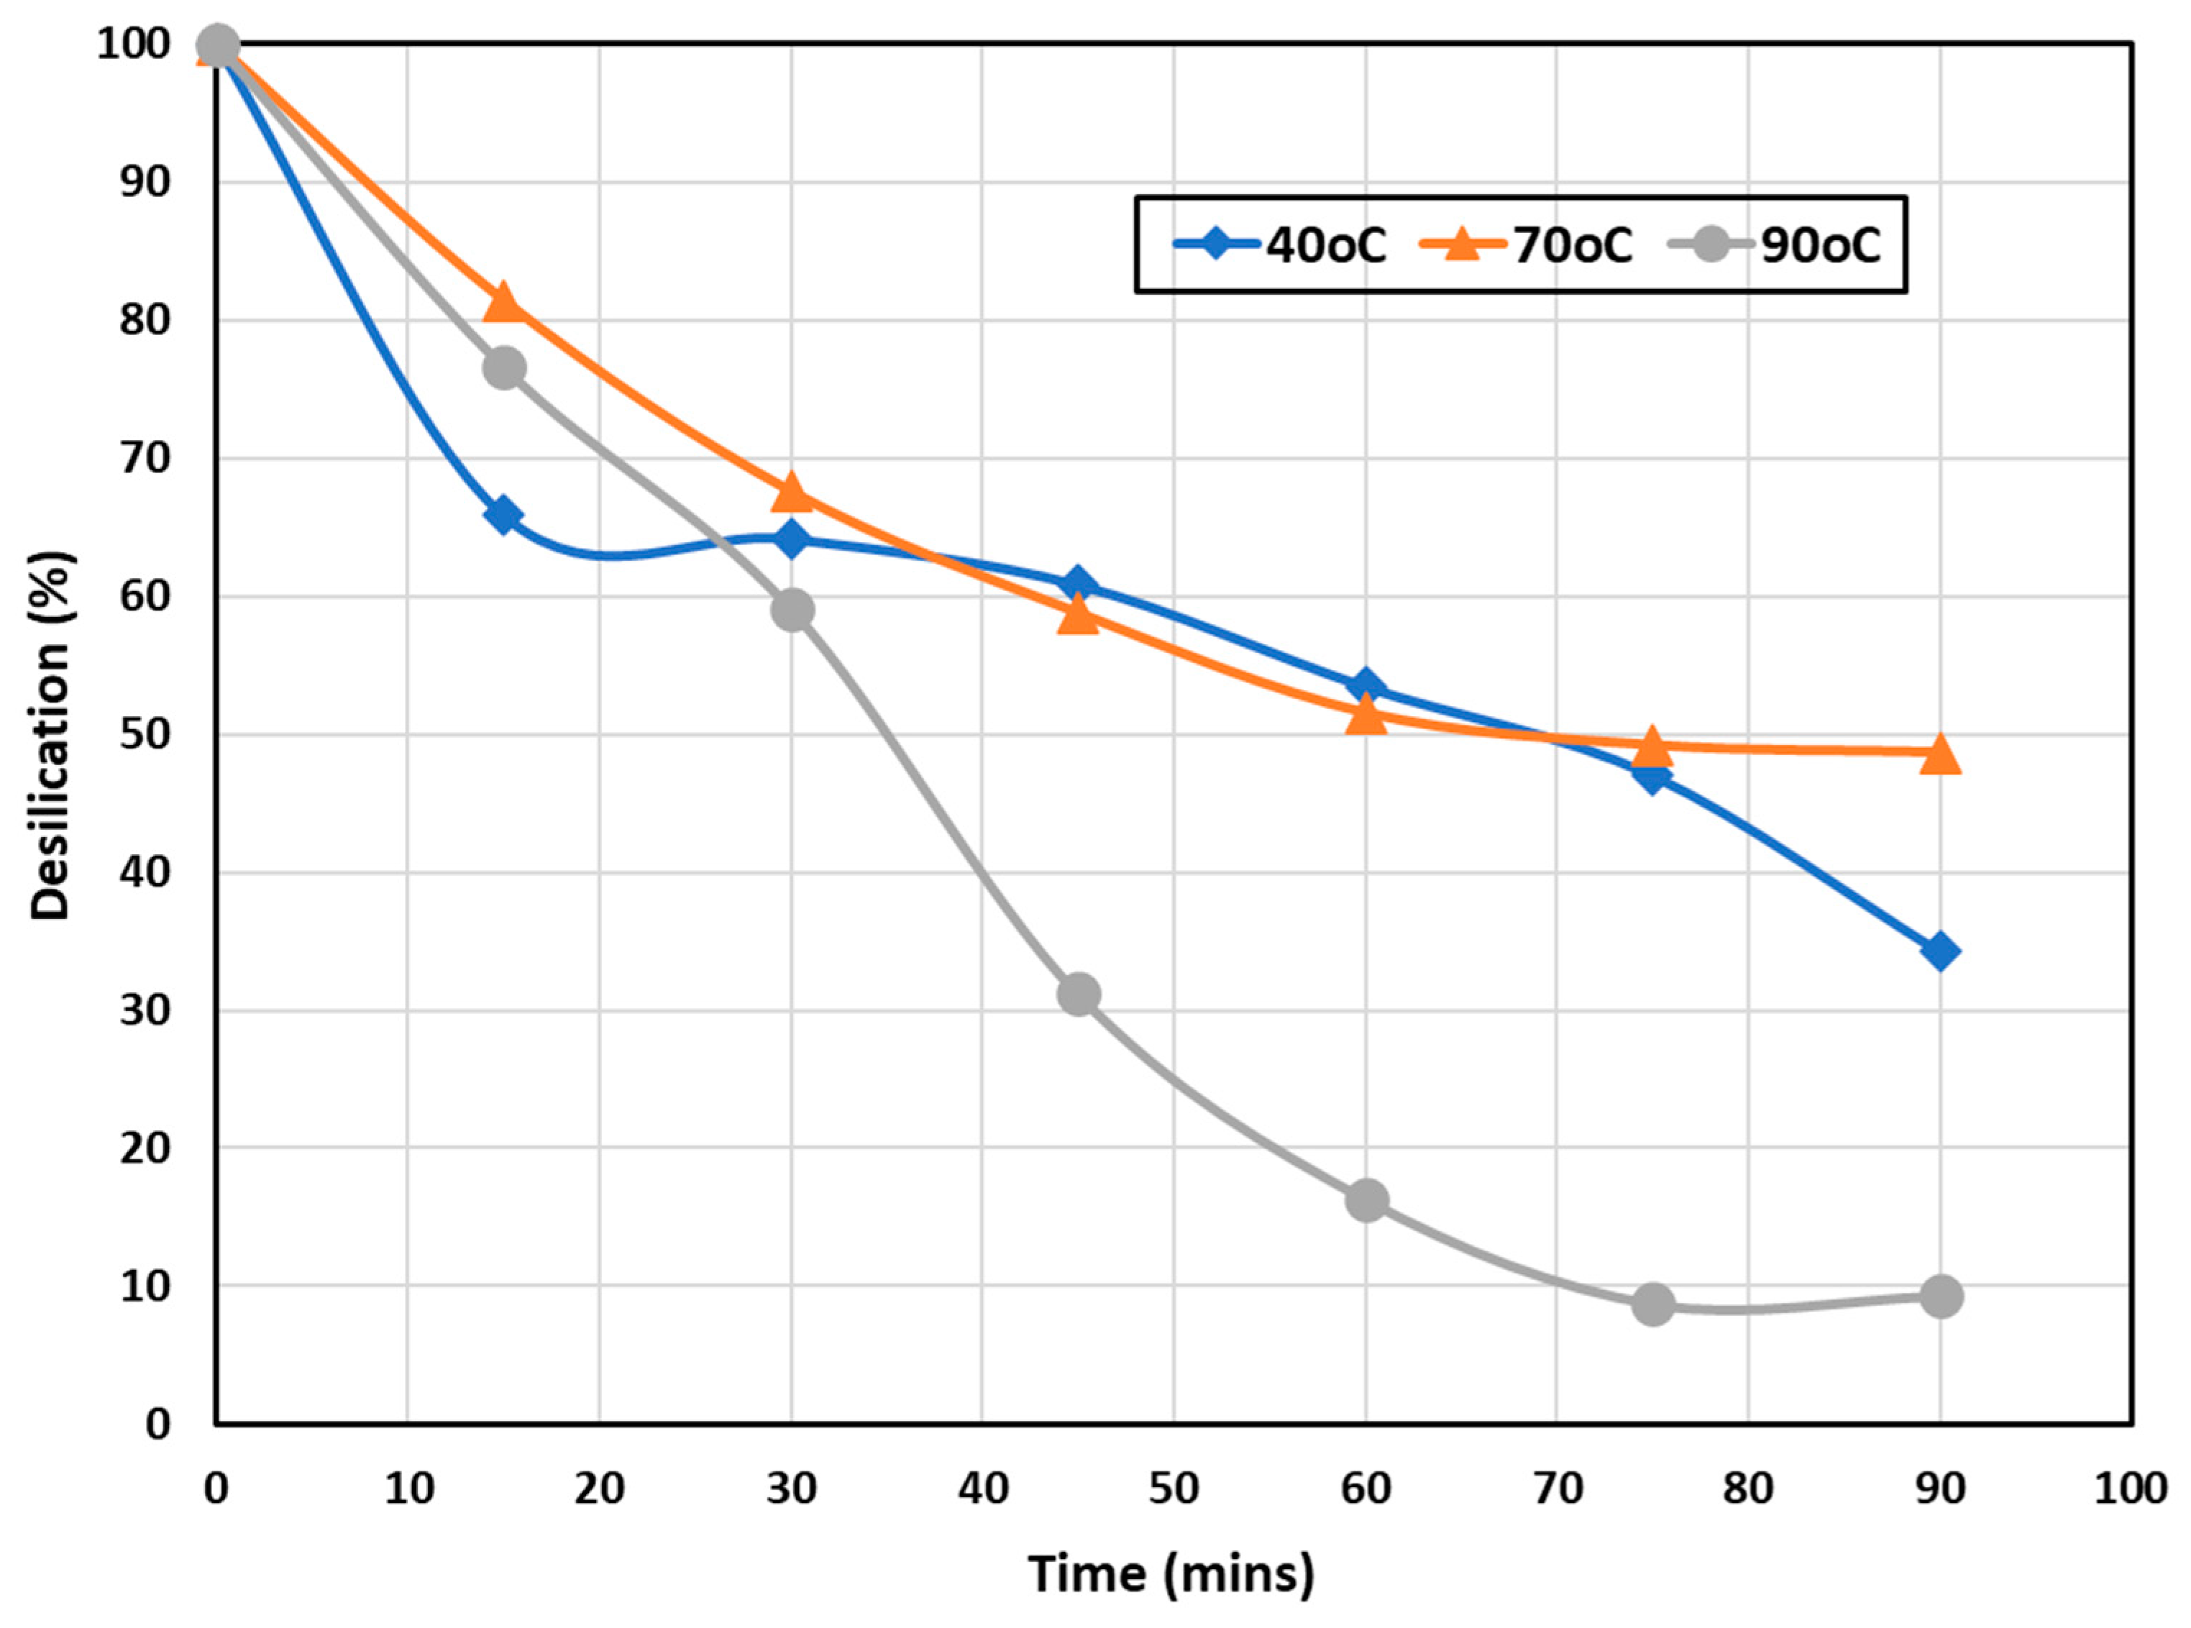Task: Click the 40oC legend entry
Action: (1280, 244)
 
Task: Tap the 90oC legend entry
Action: (1774, 244)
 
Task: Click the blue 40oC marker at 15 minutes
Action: (503, 516)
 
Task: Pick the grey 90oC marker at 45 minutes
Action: (1079, 994)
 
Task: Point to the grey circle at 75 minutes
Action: (1653, 1304)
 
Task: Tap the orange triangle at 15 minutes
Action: (503, 301)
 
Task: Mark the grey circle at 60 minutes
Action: (1366, 1199)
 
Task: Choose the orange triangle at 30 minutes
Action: (792, 492)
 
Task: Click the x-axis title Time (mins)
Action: (1171, 1574)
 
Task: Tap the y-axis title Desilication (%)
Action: (51, 734)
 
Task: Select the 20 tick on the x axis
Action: (599, 1488)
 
